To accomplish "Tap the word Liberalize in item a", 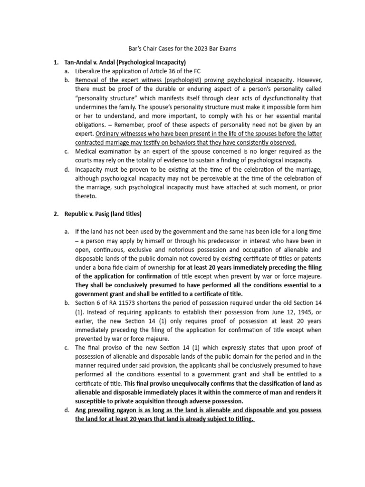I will click(x=90, y=71).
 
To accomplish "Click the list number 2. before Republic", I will click(x=56, y=214).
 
